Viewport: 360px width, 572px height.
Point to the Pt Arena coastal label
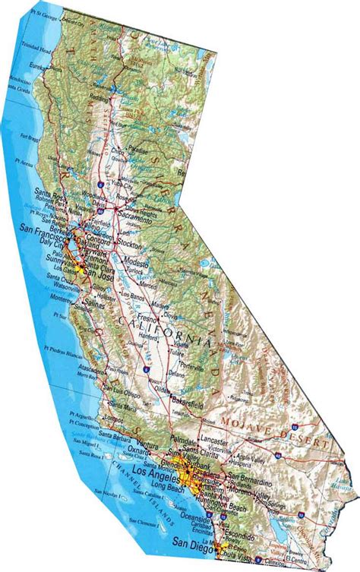coord(27,162)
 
